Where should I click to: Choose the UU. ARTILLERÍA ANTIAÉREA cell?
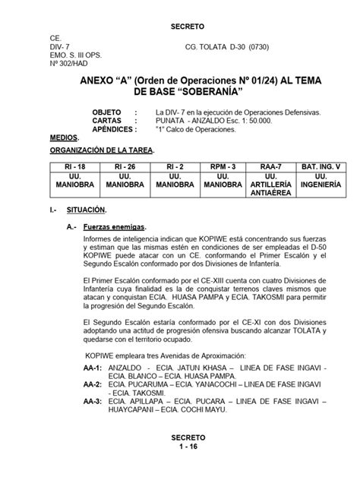pos(273,184)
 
